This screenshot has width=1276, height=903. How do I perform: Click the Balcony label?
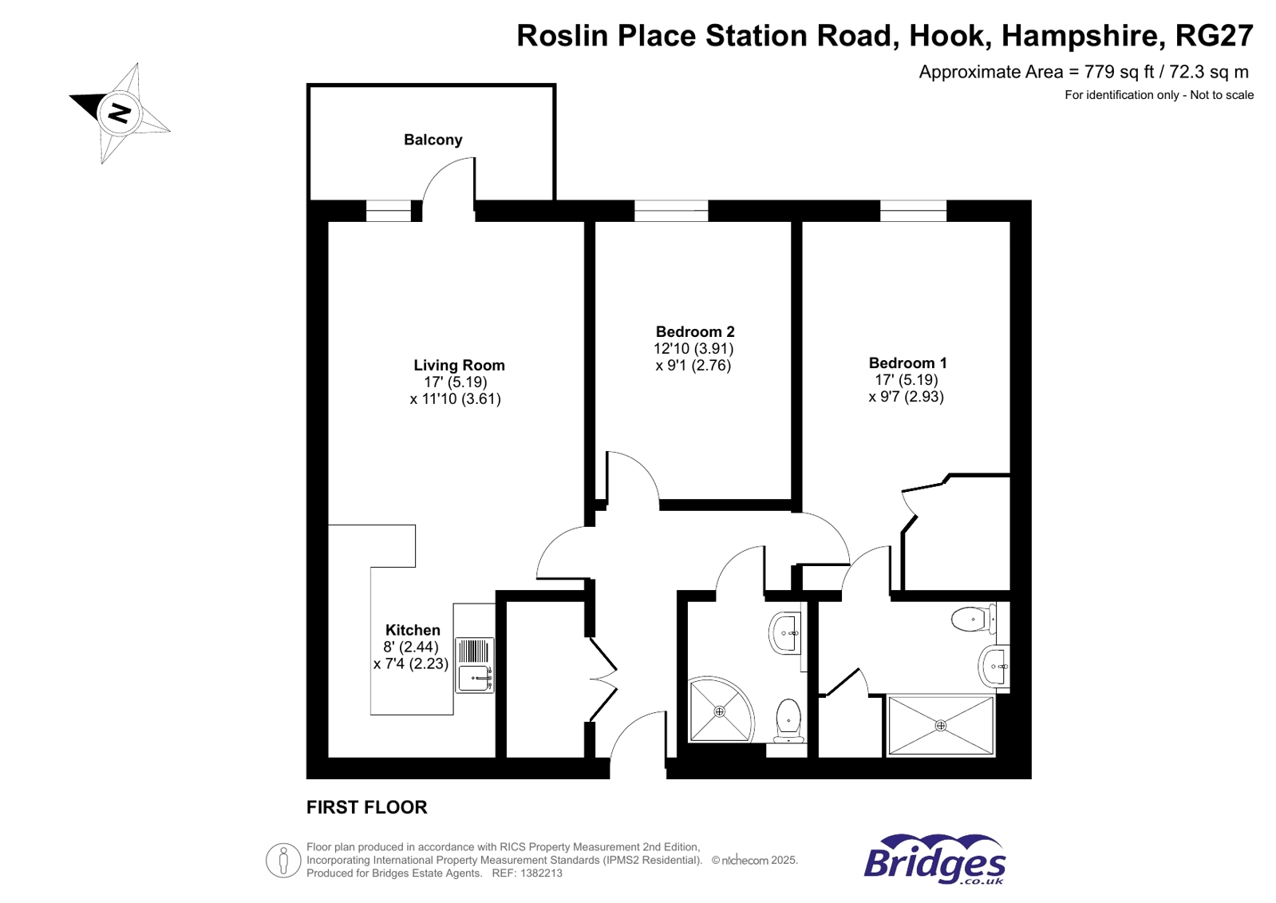pyautogui.click(x=433, y=140)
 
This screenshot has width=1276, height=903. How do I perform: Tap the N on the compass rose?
pyautogui.click(x=120, y=113)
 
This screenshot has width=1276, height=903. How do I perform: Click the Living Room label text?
pyautogui.click(x=459, y=365)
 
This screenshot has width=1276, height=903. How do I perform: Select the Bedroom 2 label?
pyautogui.click(x=694, y=331)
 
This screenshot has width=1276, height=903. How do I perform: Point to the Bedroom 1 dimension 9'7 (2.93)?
pyautogui.click(x=906, y=397)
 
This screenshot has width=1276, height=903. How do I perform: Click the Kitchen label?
pyautogui.click(x=413, y=630)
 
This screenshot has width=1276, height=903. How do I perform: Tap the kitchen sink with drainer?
pyautogui.click(x=474, y=664)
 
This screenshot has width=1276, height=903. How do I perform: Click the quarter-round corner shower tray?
pyautogui.click(x=717, y=710)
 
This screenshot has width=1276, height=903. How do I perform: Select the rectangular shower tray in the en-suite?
pyautogui.click(x=940, y=725)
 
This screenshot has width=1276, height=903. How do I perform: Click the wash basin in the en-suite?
pyautogui.click(x=994, y=665)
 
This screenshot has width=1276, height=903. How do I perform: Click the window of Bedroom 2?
pyautogui.click(x=670, y=211)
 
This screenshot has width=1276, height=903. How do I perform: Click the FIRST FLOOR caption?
pyautogui.click(x=366, y=807)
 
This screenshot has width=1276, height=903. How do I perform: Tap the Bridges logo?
pyautogui.click(x=934, y=860)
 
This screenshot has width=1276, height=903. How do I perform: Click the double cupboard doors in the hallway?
pyautogui.click(x=603, y=679)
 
